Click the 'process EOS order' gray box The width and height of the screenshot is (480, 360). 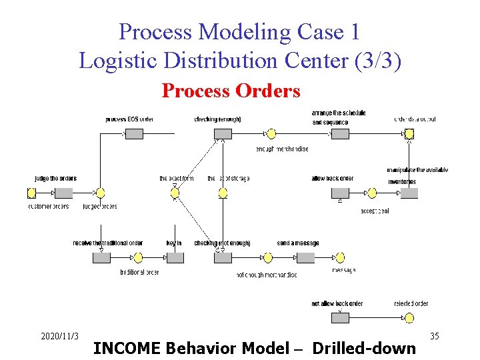coord(134,134)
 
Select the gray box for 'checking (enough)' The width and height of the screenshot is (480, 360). coord(223,134)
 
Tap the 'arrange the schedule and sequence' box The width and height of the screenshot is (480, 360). coord(340,134)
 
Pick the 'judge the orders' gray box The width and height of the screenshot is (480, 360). coord(63,193)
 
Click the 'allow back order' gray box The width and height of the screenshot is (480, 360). coord(340,193)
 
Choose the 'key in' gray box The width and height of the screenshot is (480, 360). coord(175,258)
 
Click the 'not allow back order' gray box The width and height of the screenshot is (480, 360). coord(340,318)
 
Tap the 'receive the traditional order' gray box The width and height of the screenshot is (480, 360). coord(101,258)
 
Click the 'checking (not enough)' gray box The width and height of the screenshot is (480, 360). coord(223,258)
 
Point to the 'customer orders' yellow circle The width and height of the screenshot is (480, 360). coord(31,193)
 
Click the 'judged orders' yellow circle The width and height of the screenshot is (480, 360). coord(100,193)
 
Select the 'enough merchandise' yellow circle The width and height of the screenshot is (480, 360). coord(271,134)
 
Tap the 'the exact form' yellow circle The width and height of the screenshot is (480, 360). coord(175,193)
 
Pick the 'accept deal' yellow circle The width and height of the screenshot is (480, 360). coord(372,193)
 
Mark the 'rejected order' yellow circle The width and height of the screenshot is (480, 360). coord(409,318)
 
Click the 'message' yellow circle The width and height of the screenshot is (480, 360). coord(339,258)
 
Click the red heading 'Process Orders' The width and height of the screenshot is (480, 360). coord(231,91)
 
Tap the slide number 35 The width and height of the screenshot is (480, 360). coord(435,335)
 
